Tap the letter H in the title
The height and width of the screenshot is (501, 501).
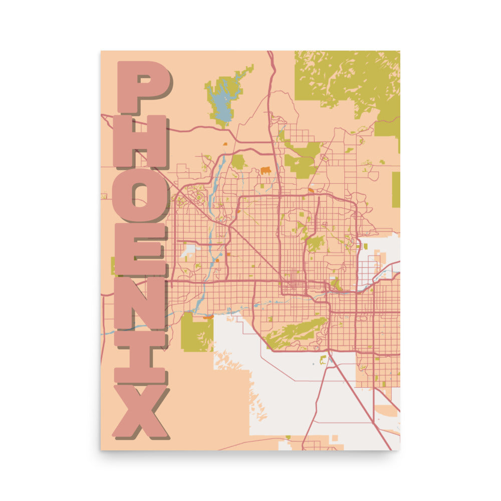tap(140, 141)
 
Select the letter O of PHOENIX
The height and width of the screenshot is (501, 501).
tap(139, 195)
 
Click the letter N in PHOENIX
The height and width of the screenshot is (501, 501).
tap(140, 304)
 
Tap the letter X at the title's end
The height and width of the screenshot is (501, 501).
tap(140, 411)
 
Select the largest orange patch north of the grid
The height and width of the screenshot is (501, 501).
tap(266, 170)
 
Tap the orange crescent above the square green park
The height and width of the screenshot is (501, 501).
tap(208, 317)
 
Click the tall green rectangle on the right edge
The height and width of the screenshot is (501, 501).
tap(396, 189)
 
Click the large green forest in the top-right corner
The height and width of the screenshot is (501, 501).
tap(351, 78)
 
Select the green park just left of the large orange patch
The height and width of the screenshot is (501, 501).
tap(238, 161)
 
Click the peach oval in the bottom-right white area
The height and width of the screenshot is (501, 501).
tap(386, 410)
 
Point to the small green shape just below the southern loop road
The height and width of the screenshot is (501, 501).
tap(323, 359)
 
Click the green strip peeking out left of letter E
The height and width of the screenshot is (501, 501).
tap(113, 266)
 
